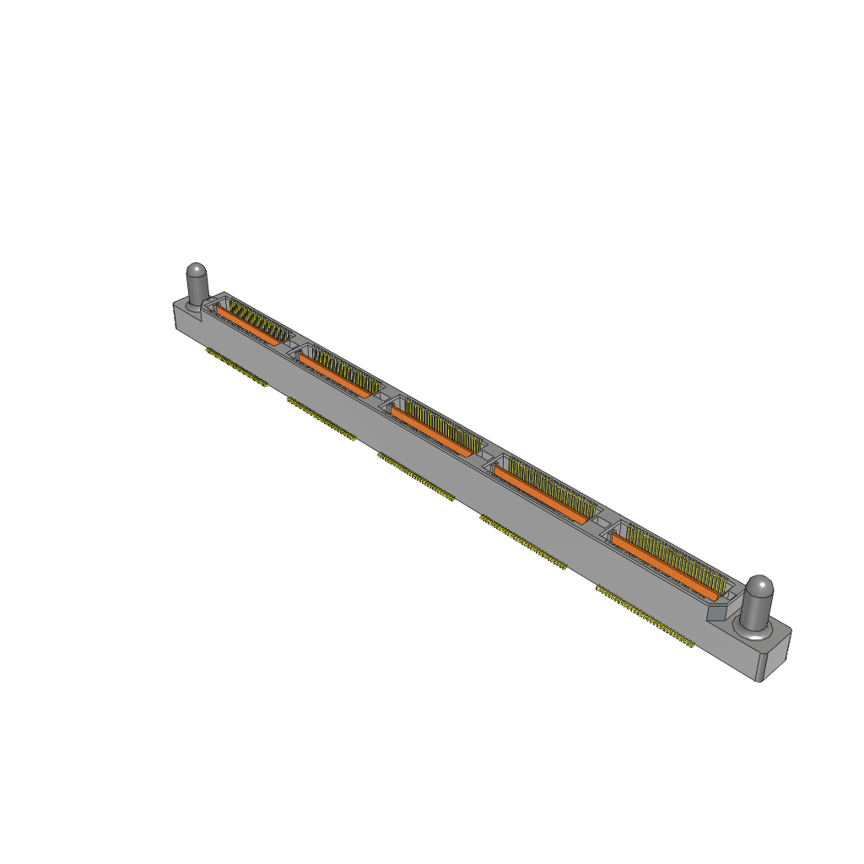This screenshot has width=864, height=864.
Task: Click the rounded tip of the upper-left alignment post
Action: pos(196,271)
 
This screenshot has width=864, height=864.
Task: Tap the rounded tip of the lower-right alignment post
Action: pos(759,585)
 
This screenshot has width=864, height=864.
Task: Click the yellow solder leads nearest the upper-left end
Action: pos(236,367)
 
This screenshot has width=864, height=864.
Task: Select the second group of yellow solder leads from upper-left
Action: pos(321,418)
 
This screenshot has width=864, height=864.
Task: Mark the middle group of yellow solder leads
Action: pos(416,477)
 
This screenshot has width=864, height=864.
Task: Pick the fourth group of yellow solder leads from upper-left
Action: pos(523,542)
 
